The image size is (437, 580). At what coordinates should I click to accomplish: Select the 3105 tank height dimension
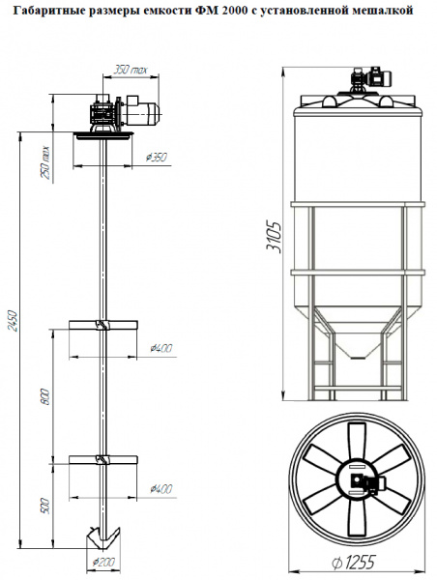tap(275, 237)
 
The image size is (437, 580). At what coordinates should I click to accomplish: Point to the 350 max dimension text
tap(131, 70)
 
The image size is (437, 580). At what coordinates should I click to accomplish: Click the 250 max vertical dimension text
tap(45, 162)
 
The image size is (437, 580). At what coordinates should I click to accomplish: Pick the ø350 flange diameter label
tap(157, 158)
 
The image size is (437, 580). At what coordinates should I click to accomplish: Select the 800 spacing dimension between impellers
tap(45, 396)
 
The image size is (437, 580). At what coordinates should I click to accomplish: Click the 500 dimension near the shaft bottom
tap(45, 506)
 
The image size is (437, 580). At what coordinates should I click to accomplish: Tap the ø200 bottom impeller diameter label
tap(104, 563)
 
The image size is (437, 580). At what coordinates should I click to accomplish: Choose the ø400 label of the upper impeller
tap(161, 348)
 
